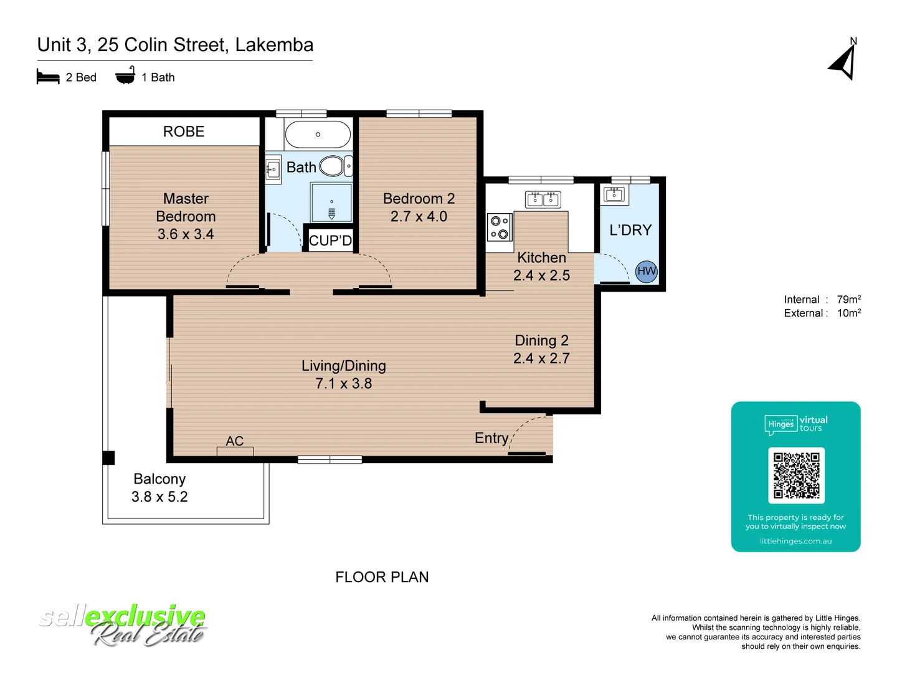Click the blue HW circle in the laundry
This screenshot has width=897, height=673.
tap(646, 271)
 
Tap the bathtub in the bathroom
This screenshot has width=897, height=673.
tap(318, 134)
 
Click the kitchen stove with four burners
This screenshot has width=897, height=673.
tap(500, 227)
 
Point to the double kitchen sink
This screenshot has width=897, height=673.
tap(543, 199)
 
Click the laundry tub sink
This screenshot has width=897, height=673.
tap(615, 194)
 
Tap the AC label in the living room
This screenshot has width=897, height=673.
tap(235, 441)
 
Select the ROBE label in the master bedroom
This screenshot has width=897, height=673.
tap(184, 131)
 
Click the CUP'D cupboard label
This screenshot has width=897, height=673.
tap(330, 241)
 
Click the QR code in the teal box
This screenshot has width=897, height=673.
tap(796, 475)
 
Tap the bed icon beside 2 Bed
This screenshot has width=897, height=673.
tap(48, 77)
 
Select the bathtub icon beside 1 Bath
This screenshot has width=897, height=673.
tap(125, 76)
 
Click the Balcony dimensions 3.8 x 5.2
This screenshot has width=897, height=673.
tap(159, 497)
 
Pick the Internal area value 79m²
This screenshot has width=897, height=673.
tap(848, 300)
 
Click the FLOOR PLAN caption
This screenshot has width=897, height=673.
tap(382, 577)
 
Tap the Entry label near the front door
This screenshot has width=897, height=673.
tap(491, 438)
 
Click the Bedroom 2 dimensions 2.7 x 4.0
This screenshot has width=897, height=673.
tap(419, 216)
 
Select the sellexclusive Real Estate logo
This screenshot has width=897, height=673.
tap(123, 625)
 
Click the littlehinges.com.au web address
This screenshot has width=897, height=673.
tap(795, 541)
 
